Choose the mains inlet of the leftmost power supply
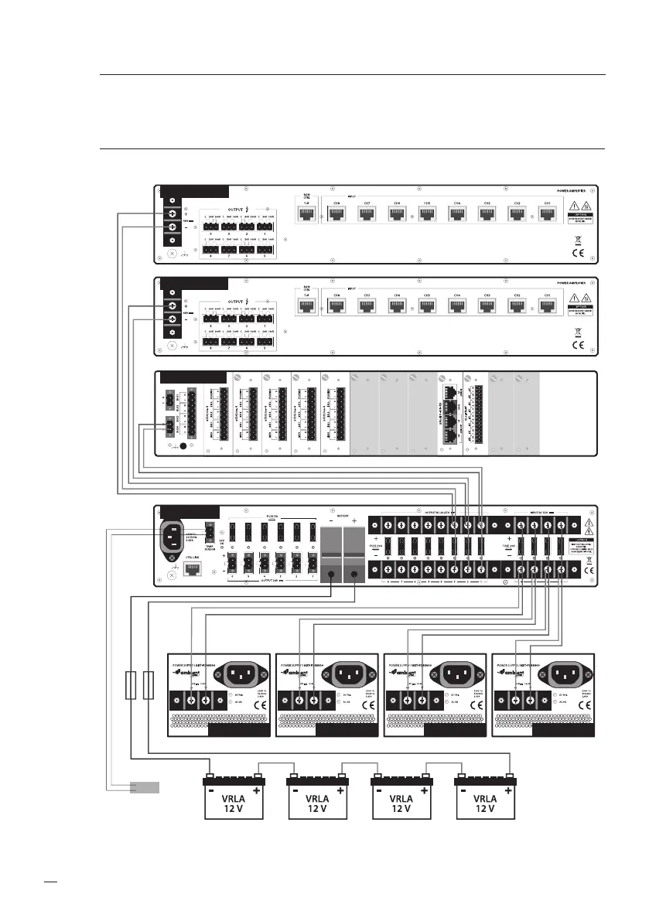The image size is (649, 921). point(240,673)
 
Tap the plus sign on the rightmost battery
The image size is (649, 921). point(507,790)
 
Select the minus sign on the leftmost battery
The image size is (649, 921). point(210,790)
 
